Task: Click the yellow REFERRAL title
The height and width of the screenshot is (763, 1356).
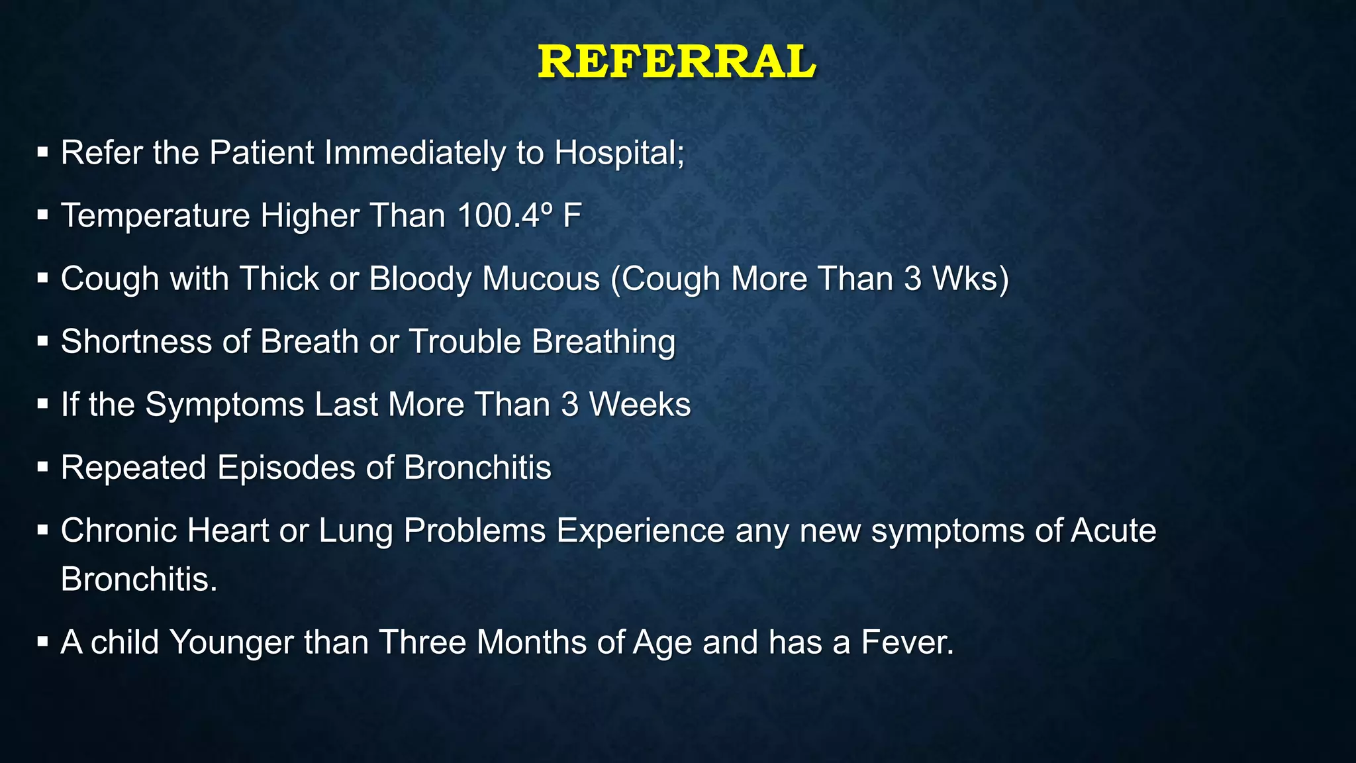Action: coord(677,62)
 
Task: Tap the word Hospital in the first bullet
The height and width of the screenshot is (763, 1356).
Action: coord(619,153)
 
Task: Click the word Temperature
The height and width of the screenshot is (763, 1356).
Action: coord(156,216)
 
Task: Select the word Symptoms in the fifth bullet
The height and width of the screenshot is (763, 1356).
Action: coord(224,405)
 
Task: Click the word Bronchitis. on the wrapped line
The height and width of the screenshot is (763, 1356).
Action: coord(139,580)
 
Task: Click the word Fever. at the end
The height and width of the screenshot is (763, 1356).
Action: coord(907,642)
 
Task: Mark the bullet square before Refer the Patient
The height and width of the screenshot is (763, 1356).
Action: coord(43,153)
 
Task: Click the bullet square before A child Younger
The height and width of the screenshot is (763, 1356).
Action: coord(43,642)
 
